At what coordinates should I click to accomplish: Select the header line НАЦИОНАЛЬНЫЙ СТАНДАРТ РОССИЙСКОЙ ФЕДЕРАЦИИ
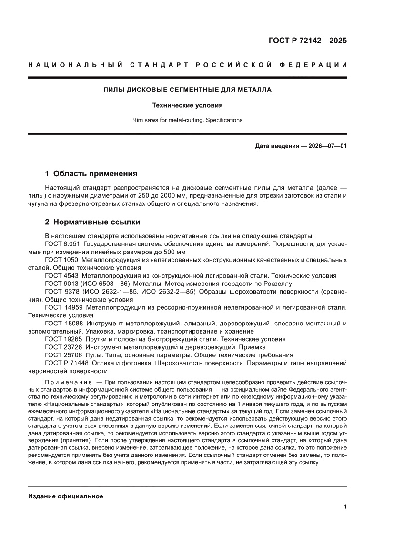coord(187,64)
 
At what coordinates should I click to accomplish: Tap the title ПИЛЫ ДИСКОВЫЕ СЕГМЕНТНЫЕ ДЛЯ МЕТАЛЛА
coord(187,89)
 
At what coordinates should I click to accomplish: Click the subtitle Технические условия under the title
coord(187,105)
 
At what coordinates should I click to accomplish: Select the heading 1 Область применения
coord(91,174)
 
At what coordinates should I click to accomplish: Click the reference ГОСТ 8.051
coord(62,244)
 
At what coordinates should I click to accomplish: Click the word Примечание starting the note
coord(68,383)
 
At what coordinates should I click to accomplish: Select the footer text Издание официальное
coord(66,496)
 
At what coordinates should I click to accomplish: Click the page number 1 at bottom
coord(344,507)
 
